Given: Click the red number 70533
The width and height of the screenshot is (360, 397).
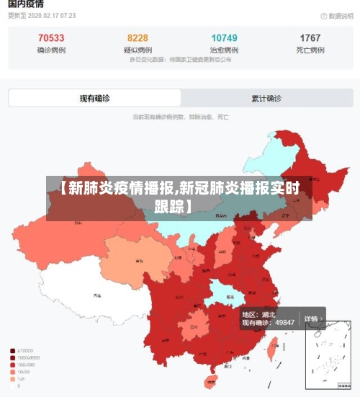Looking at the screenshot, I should point(50,38).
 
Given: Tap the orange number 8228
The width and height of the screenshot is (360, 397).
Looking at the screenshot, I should point(138,38).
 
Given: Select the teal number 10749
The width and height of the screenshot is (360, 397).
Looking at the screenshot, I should point(224,38).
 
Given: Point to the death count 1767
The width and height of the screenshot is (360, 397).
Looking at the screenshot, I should point(310,38).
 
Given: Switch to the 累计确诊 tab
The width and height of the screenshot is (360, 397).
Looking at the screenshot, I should point(266,99).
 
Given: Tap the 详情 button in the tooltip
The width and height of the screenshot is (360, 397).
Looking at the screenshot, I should point(312,318).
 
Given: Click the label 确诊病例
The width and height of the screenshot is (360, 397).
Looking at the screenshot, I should point(50,50).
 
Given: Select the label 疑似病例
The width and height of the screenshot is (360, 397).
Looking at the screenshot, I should point(138,50).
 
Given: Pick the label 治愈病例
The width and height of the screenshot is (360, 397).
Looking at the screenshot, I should point(224,50).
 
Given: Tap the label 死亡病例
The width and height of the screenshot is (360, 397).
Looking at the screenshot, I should point(310,50).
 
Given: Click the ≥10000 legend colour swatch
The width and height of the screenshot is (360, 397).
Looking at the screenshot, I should point(13,351).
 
